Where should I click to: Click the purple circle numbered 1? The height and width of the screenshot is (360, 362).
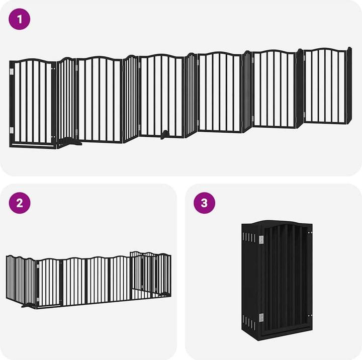tap(20, 19)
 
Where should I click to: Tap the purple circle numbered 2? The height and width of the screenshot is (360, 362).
tap(20, 203)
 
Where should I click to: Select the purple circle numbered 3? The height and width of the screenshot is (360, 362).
tap(204, 203)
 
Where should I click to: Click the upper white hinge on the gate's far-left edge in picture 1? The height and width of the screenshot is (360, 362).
tap(12, 71)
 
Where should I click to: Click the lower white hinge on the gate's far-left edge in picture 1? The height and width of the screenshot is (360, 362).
tap(12, 130)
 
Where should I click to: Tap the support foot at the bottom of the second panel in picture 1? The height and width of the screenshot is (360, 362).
tap(69, 142)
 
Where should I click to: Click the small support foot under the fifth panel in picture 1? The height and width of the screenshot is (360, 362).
tap(164, 134)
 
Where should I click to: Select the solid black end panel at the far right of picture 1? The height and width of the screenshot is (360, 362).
tap(349, 85)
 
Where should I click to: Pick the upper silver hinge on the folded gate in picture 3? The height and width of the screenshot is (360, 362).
tap(261, 239)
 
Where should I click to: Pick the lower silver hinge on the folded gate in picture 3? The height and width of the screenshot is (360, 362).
tap(261, 318)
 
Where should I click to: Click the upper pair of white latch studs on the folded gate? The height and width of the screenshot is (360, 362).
tap(310, 232)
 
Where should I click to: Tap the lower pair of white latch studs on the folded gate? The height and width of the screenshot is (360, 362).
tap(310, 315)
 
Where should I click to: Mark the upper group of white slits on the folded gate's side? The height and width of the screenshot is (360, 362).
tap(249, 237)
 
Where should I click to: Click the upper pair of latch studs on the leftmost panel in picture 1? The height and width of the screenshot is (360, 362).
tap(53, 68)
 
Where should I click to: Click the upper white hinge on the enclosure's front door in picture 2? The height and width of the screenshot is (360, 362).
tap(38, 266)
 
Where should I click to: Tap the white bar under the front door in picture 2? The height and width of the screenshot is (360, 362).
tap(48, 307)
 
